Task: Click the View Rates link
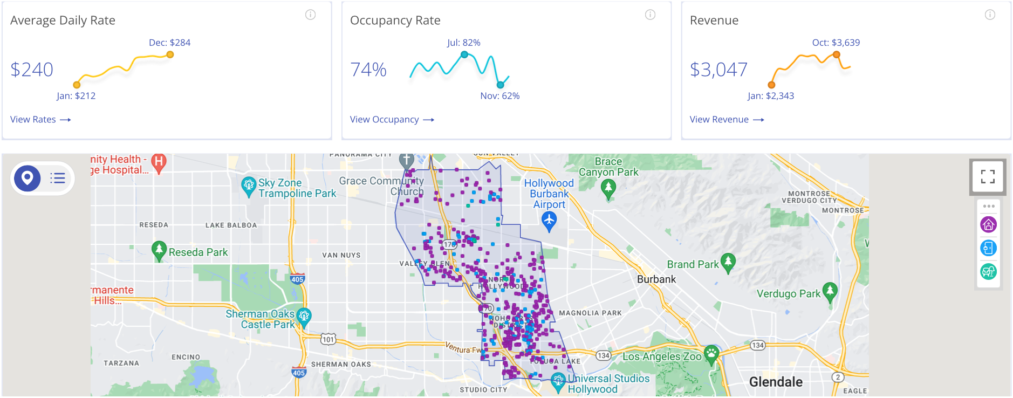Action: coord(40,120)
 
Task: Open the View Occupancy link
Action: coord(392,120)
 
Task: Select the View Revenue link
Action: coord(727,120)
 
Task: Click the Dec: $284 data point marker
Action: coord(170,54)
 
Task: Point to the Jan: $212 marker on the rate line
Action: coord(77,85)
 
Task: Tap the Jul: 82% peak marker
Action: coord(464,54)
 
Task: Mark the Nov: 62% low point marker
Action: coord(501,85)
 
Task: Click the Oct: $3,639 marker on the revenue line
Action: coord(836,54)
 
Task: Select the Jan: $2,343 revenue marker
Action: coord(771,85)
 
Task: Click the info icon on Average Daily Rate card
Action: coord(311,15)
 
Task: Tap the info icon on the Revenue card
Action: coord(990,15)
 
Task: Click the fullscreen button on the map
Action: coord(988,176)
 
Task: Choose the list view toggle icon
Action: coord(58,178)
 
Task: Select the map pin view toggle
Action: coord(28,177)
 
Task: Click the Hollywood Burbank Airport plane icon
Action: coord(549,221)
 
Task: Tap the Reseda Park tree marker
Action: coord(159,250)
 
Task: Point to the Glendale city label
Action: coord(776,382)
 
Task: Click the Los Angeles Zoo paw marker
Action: coord(712,354)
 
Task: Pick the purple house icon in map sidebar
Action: coord(988,224)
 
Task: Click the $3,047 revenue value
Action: coord(718,70)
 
